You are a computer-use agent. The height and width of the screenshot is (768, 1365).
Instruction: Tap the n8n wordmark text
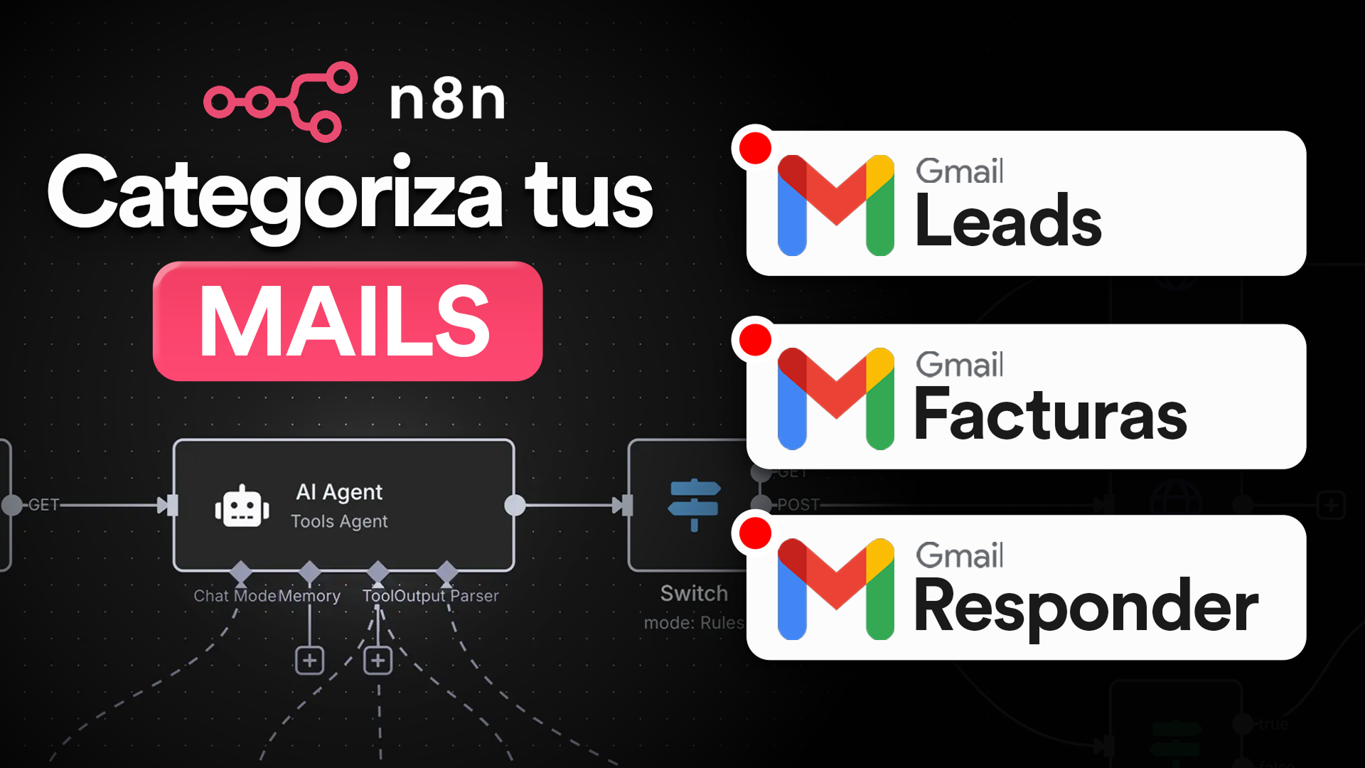pos(448,100)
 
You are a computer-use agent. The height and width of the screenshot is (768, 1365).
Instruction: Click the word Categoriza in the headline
pos(276,193)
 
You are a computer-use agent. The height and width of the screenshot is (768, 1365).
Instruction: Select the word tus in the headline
pos(589,193)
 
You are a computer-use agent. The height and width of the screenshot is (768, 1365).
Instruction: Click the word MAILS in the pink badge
pos(346,321)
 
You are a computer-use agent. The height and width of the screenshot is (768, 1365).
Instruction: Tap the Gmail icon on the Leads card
pos(835,205)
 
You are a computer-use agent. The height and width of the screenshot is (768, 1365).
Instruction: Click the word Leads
pos(1008,222)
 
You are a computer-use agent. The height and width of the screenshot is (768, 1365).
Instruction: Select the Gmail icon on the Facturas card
pos(835,398)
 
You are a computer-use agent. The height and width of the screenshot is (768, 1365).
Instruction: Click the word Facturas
pos(1051,415)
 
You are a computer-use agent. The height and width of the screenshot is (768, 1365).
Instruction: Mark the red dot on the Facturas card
pos(755,340)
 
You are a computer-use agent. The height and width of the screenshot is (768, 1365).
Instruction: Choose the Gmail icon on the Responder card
pos(835,589)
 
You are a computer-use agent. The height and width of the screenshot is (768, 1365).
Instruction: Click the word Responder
pos(1086,607)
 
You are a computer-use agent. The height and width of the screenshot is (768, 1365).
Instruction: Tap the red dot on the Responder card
pos(755,533)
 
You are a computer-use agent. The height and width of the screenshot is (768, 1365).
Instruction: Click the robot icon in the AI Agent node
pos(242,507)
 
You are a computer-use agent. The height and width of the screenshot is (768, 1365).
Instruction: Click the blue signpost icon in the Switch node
pos(694,504)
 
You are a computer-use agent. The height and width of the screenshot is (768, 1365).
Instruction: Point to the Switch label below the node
pos(694,593)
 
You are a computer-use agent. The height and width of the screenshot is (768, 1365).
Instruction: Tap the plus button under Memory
pos(309,661)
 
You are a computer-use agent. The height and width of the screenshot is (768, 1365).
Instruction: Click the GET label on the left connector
pos(44,505)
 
